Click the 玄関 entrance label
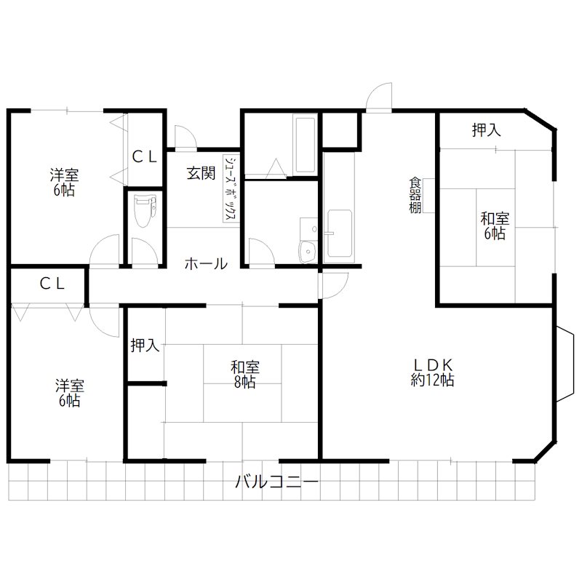[x=201, y=173]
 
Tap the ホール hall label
[x=206, y=264]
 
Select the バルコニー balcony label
[x=277, y=482]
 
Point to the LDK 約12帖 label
[x=432, y=372]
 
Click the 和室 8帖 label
[x=245, y=374]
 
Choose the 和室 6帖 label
[x=495, y=226]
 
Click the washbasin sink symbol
[x=308, y=252]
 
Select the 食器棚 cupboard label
[x=415, y=196]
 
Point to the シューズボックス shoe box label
[x=231, y=188]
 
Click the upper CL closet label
[x=144, y=157]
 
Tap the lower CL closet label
[x=52, y=284]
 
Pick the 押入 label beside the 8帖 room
[x=145, y=346]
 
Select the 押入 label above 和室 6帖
[x=486, y=130]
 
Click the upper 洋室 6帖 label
[x=64, y=182]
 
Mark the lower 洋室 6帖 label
[x=69, y=393]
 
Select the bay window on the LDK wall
[x=565, y=364]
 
